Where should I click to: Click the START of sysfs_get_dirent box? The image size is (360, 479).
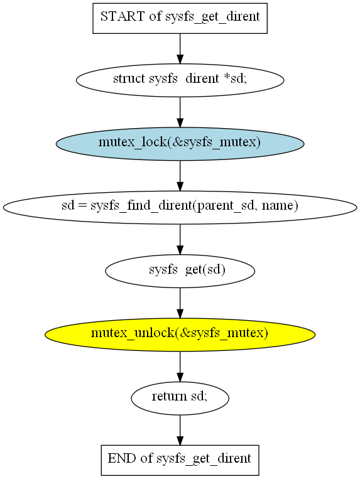point(180,18)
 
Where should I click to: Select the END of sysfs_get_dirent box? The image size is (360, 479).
point(180,460)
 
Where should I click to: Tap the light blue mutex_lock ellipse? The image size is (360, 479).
point(180,144)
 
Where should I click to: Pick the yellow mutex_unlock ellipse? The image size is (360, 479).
point(180,334)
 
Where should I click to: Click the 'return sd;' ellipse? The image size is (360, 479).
point(180,398)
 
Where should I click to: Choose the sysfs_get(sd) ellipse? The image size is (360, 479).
point(180,271)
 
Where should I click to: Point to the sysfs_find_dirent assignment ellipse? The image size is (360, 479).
point(180,207)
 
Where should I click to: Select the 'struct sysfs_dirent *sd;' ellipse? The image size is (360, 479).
point(180,80)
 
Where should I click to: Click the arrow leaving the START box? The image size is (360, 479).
point(180,48)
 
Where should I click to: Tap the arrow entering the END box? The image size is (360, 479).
point(180,430)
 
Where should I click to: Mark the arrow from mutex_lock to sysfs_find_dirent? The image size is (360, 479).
point(180,176)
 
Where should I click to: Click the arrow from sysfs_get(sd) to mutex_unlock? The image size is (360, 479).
point(180,303)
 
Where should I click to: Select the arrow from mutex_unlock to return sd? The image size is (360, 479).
point(180,366)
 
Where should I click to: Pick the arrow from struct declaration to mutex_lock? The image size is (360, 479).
point(180,112)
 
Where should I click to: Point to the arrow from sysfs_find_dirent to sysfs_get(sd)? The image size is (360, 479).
point(180,239)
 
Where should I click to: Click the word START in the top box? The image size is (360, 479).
point(123,16)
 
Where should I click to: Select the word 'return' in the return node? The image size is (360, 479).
point(169,396)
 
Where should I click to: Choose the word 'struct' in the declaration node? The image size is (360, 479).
point(129,78)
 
